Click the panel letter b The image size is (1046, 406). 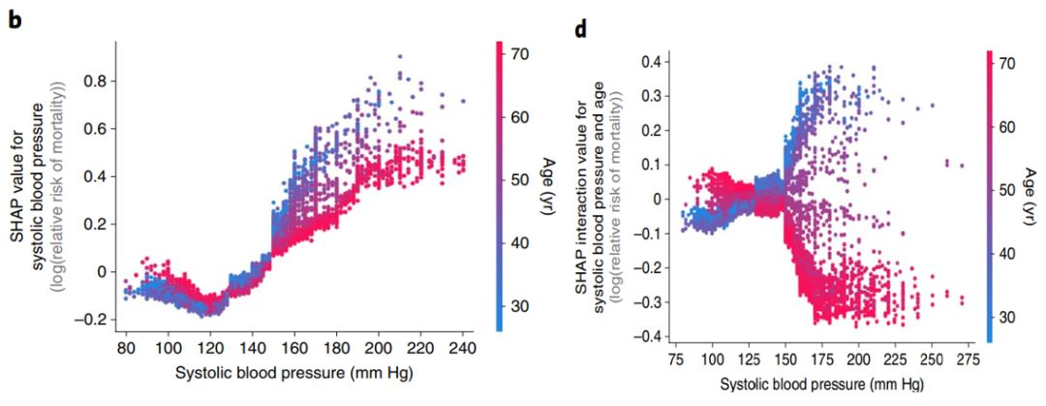pyautogui.click(x=15, y=16)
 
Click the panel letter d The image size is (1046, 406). pyautogui.click(x=580, y=28)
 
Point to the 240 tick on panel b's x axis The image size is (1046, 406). pyautogui.click(x=464, y=347)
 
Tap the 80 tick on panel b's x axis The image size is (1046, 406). pyautogui.click(x=126, y=347)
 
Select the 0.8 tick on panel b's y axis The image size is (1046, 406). pyautogui.click(x=95, y=83)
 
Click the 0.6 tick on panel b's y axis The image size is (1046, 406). pyautogui.click(x=95, y=131)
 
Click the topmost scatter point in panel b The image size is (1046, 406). pyautogui.click(x=399, y=56)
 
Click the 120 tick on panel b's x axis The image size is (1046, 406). pyautogui.click(x=210, y=347)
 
